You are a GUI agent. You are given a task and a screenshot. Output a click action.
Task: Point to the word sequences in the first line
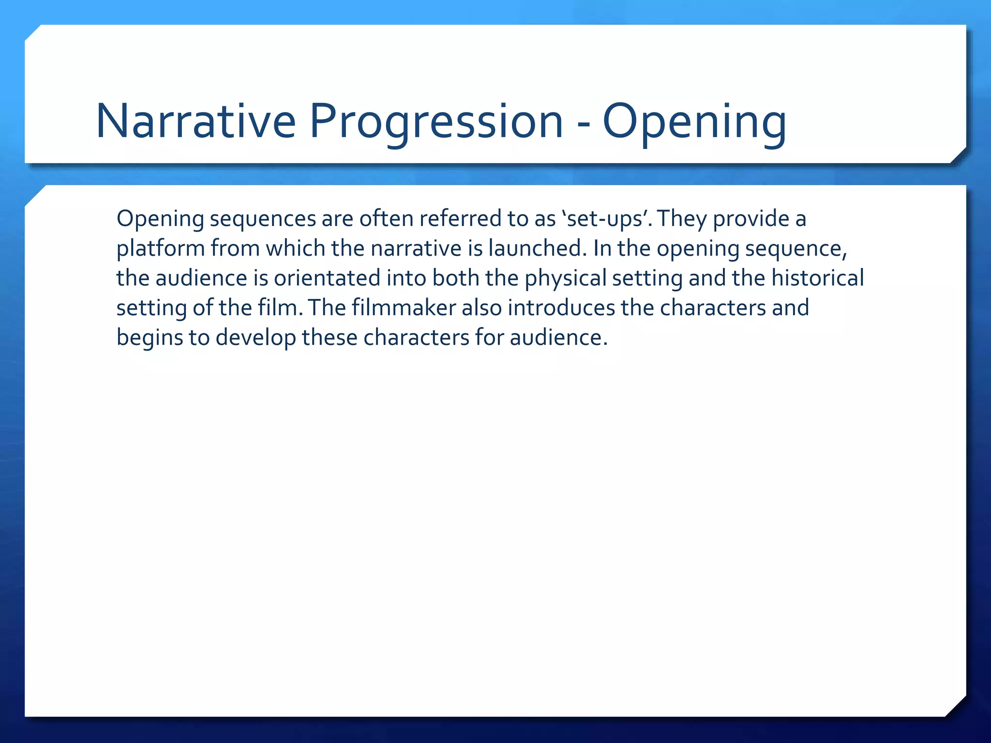[262, 219]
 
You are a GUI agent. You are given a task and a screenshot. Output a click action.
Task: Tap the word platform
[160, 249]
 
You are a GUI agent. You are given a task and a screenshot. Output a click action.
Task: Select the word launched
[537, 249]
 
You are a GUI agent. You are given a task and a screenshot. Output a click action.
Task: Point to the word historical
[817, 278]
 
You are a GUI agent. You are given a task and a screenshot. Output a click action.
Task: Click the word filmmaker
[404, 308]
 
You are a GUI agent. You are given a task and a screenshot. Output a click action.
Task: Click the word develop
[255, 338]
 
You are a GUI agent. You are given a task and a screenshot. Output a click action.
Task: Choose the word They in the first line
[682, 219]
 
